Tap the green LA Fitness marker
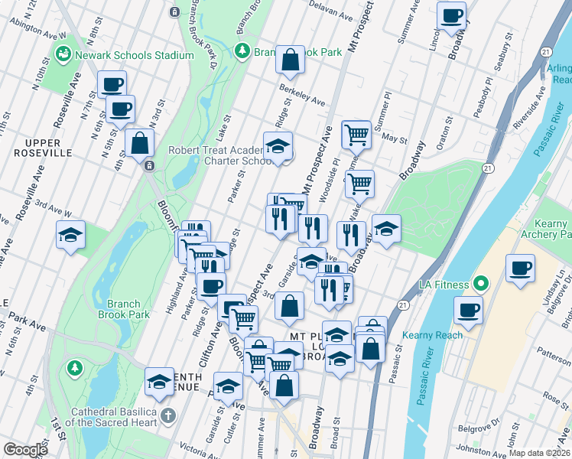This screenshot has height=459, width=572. (x=480, y=285)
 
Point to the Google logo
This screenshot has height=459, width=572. (x=25, y=450)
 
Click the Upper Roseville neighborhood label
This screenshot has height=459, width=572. (x=37, y=148)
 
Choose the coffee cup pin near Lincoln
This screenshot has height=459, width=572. (x=452, y=15)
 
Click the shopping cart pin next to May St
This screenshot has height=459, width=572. (x=356, y=135)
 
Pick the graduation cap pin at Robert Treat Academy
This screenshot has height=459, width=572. (x=278, y=145)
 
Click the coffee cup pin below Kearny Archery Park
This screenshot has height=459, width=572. (x=521, y=269)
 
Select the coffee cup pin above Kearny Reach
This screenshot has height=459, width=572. (x=467, y=311)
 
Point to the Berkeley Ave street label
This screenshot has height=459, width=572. (x=303, y=97)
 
